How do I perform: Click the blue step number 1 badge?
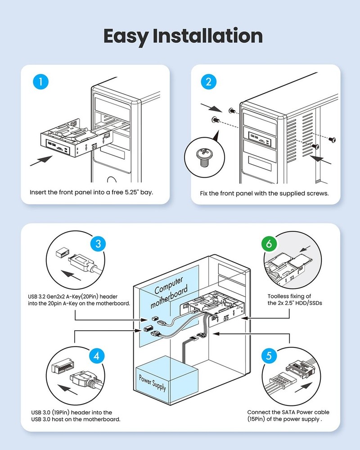(x=41, y=82)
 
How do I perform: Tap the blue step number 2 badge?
(x=208, y=82)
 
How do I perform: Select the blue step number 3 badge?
(x=98, y=244)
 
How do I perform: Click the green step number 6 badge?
(x=269, y=244)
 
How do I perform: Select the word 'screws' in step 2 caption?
(x=318, y=193)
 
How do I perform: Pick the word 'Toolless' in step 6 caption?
(x=279, y=296)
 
